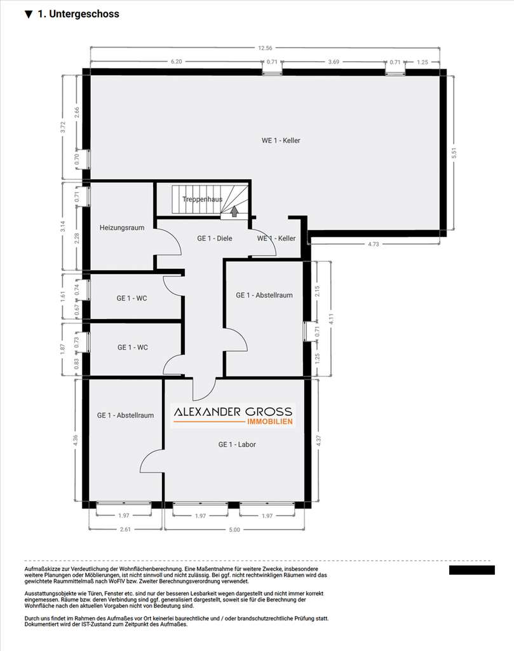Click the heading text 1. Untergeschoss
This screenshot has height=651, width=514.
click(78, 14)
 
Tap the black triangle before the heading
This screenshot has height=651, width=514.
click(29, 14)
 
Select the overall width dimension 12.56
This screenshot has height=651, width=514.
click(265, 48)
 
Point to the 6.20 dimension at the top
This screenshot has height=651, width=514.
click(176, 62)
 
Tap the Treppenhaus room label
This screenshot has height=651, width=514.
click(202, 199)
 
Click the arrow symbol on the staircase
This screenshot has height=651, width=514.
click(234, 211)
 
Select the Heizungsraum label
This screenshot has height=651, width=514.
click(122, 227)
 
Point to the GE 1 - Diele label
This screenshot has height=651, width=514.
click(214, 238)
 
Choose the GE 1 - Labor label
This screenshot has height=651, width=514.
click(236, 444)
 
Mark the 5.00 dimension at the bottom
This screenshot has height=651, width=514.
click(234, 530)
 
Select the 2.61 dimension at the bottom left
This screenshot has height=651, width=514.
click(125, 530)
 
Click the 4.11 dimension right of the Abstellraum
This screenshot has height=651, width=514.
click(331, 319)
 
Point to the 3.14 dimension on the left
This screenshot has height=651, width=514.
click(62, 226)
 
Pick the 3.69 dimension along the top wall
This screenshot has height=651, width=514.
click(333, 62)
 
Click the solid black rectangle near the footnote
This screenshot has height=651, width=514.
click(471, 570)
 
